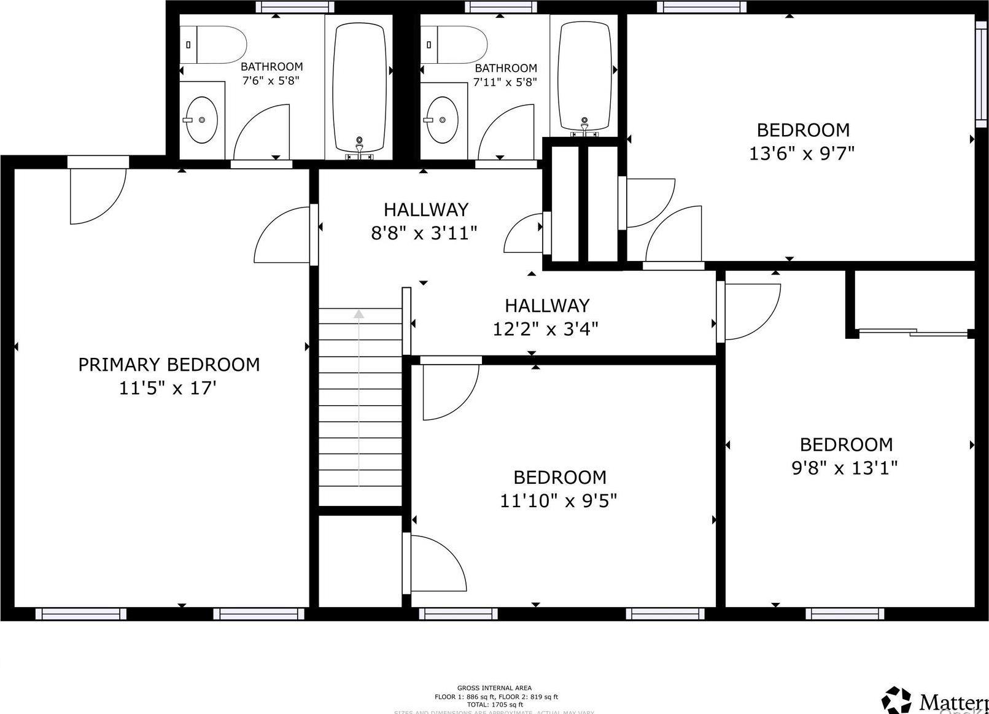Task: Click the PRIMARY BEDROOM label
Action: [169, 365]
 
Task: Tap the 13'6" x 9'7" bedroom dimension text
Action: [802, 153]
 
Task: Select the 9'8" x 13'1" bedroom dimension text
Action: [845, 468]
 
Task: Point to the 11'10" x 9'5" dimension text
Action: [558, 501]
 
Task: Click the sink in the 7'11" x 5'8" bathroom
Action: [443, 119]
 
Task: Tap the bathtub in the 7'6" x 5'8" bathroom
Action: [359, 86]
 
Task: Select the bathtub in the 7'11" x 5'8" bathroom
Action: [585, 77]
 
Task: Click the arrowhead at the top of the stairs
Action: [359, 314]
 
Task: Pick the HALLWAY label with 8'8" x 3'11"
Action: [426, 210]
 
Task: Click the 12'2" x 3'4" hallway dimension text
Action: [546, 329]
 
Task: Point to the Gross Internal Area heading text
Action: [494, 688]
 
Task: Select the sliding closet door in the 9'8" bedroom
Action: [913, 333]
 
